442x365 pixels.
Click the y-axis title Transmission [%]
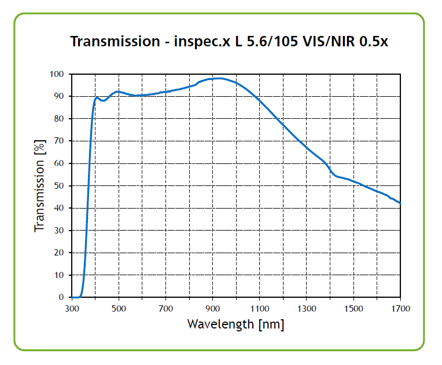tap(40, 185)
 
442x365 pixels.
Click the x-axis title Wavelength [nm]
tap(235, 324)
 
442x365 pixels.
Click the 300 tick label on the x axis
tap(72, 308)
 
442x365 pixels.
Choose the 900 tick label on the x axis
tap(212, 308)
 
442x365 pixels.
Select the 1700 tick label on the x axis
tap(400, 308)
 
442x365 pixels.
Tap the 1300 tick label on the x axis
tap(306, 308)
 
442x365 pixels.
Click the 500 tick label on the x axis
tap(119, 308)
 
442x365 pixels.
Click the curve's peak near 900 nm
tap(218, 78)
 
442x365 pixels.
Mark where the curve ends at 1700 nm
tap(400, 203)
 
